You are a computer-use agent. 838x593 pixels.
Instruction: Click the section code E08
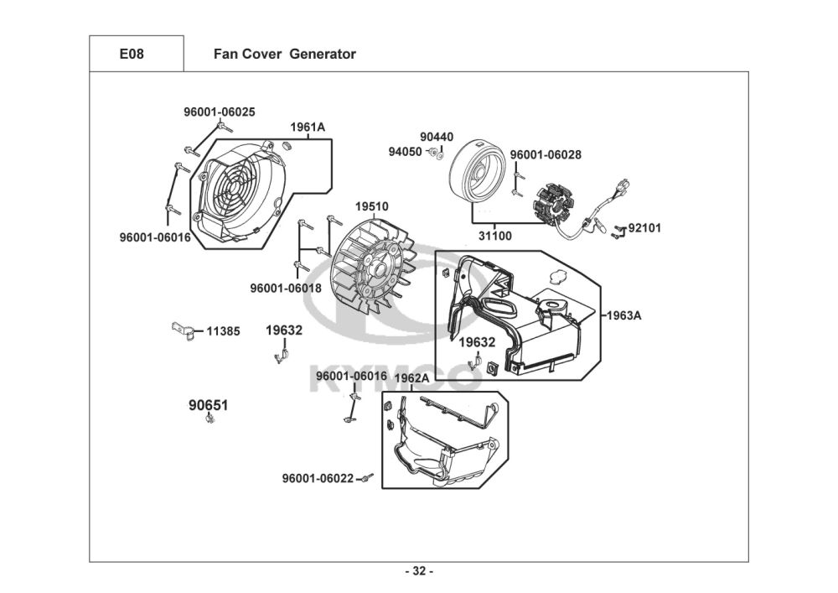pos(132,54)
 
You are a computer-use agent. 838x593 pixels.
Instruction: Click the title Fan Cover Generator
pos(284,54)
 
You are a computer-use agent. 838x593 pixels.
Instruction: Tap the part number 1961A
pos(308,127)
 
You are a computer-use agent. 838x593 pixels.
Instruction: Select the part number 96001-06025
pos(219,112)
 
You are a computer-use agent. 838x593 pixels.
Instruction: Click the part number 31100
pos(494,236)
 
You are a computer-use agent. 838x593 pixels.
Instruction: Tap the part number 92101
pos(644,228)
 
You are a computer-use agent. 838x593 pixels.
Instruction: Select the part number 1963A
pos(624,315)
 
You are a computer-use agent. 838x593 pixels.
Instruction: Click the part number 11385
pos(223,331)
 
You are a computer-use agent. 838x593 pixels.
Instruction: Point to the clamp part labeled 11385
pos(184,331)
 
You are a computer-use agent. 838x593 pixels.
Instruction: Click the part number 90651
pos(209,406)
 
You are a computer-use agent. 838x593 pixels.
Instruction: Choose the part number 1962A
pos(411,378)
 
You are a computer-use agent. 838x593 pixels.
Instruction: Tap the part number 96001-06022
pos(318,479)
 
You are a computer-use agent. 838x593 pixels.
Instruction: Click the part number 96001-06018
pos(286,289)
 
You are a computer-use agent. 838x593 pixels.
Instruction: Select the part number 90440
pos(437,138)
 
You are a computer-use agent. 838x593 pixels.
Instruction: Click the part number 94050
pos(405,152)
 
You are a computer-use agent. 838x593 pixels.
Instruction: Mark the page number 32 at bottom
pos(419,571)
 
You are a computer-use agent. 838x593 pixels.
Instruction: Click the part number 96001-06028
pos(546,155)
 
